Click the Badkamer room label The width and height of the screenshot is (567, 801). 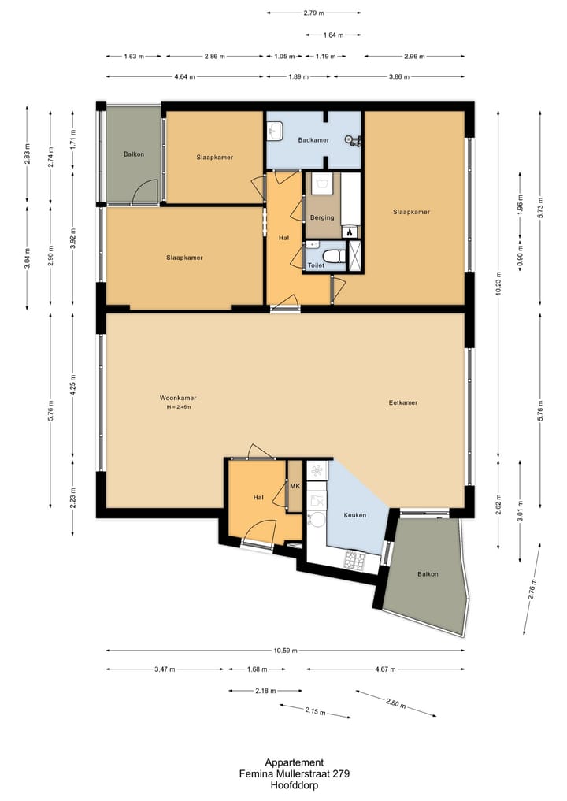(313, 140)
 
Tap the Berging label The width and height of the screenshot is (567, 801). (322, 217)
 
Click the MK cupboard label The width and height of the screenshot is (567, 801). (295, 486)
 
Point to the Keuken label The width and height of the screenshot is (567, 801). (354, 515)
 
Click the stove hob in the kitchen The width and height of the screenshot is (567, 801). (355, 561)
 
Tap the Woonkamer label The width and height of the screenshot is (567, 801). (178, 398)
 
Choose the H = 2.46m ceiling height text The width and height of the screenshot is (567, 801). (178, 407)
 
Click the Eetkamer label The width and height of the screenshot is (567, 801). (403, 402)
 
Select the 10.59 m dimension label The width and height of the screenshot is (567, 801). (285, 651)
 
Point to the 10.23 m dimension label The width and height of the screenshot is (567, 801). (498, 284)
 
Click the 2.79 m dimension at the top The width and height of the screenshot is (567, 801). (313, 13)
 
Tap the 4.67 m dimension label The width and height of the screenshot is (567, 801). (385, 669)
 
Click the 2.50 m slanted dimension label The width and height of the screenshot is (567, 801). (396, 703)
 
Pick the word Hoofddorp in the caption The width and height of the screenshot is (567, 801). (295, 786)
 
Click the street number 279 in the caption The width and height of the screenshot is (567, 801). (341, 774)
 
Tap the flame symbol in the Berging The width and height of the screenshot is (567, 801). (350, 232)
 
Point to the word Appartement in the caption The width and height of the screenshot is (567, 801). (295, 763)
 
